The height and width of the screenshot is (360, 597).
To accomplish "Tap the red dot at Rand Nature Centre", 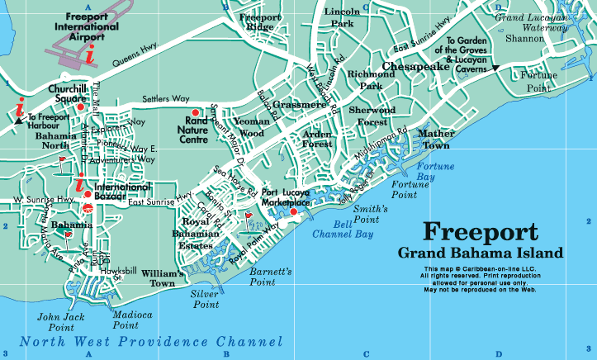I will pyautogui.click(x=195, y=111).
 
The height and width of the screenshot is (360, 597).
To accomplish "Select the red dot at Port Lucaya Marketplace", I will pyautogui.click(x=292, y=213).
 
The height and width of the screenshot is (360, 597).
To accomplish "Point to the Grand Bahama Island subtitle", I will pyautogui.click(x=480, y=252).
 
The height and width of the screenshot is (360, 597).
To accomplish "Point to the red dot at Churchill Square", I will pyautogui.click(x=81, y=107).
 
